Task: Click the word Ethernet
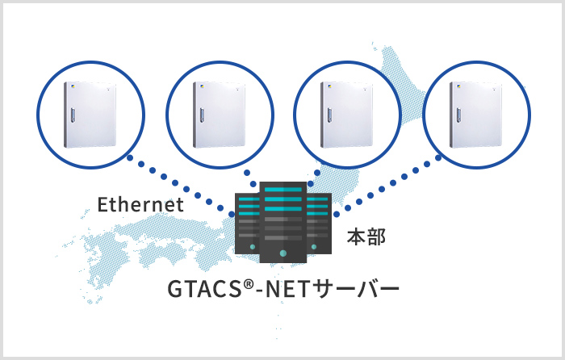coord(140,204)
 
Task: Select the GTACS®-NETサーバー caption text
coord(283,289)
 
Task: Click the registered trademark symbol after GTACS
coord(248,284)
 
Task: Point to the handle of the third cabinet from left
coord(330,115)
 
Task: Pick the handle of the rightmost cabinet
coord(459,115)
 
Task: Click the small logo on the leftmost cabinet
coord(73,86)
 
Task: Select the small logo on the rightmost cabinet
coord(458,86)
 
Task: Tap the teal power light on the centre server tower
coord(282,253)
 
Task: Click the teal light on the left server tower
coord(253,247)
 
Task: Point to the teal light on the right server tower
coord(314,247)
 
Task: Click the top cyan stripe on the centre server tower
coord(283,190)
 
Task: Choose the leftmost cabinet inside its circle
coord(90,115)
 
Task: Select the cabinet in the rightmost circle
coord(476,115)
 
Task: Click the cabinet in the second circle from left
coord(219,115)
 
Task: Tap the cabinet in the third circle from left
coord(347,115)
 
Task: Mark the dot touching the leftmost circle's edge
coord(130,158)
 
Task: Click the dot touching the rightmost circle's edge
coord(438,158)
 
